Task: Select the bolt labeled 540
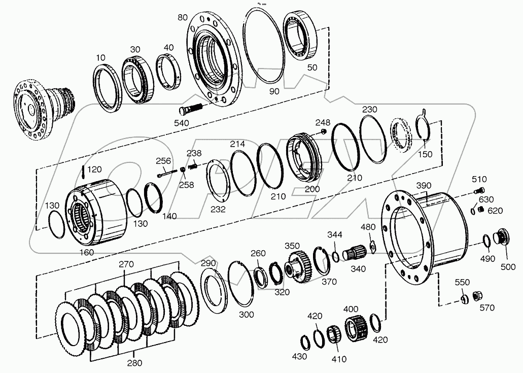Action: click(190, 109)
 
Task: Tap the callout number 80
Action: click(183, 18)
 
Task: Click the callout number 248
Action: click(322, 122)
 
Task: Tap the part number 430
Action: click(299, 356)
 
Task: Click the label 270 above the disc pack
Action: click(126, 264)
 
